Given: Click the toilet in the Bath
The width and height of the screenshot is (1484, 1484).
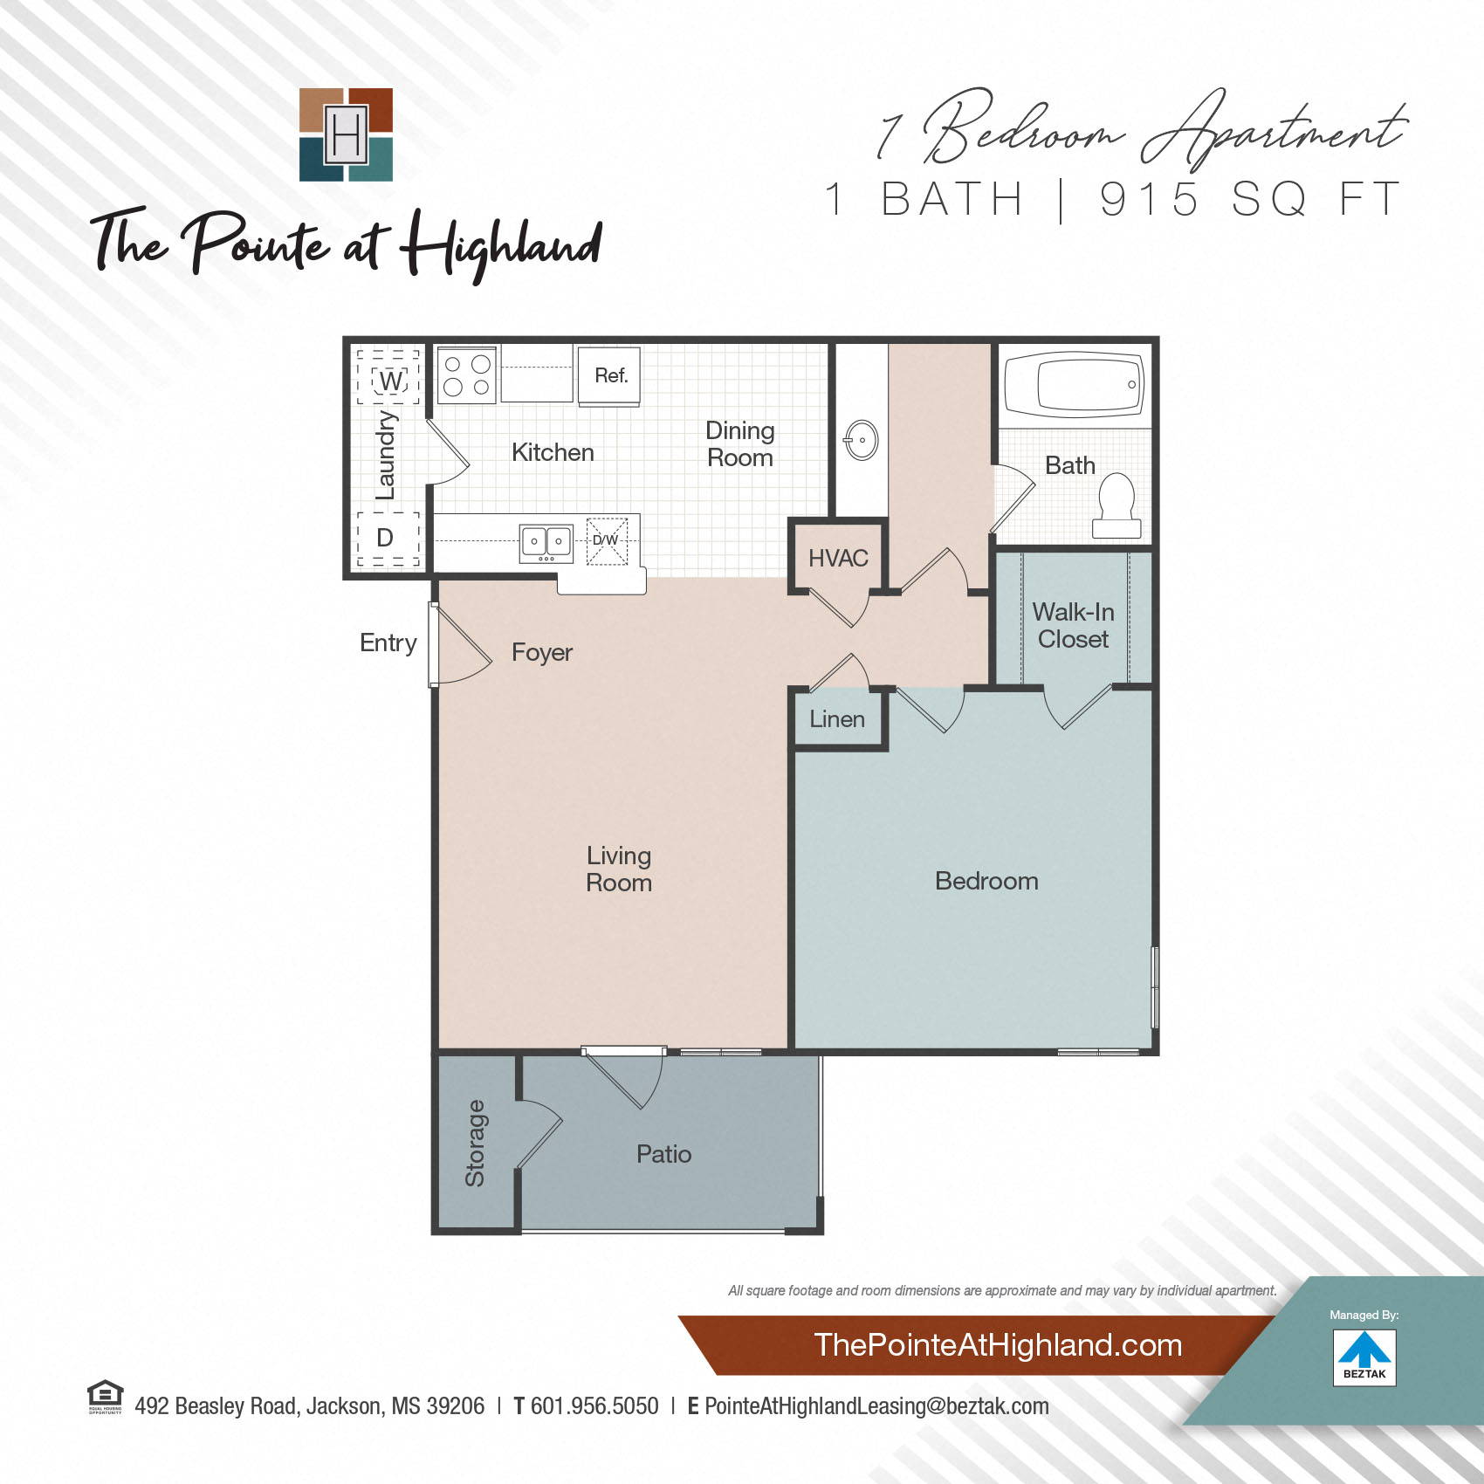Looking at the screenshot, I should click(1116, 505).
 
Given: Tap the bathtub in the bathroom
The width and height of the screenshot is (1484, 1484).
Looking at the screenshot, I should click(1075, 384).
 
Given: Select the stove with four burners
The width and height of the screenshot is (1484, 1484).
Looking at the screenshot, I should click(467, 375).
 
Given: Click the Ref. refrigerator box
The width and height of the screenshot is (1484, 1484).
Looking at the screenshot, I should click(610, 375).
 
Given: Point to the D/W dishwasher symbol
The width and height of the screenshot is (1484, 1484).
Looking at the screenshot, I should click(606, 540).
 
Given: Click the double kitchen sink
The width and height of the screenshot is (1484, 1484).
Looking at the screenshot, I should click(546, 542).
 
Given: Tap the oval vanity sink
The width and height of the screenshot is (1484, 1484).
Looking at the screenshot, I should click(862, 440).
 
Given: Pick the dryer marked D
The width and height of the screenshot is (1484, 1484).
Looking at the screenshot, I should click(385, 538).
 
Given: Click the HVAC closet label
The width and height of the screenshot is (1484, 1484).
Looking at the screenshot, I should click(838, 558).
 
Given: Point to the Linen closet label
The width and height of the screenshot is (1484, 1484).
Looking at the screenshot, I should click(837, 719).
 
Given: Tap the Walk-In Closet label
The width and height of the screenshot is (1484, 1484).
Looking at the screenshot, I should click(1073, 625).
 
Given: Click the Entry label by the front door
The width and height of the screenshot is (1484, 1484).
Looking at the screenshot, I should click(388, 643).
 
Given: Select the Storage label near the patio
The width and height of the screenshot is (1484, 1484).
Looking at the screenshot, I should click(475, 1143).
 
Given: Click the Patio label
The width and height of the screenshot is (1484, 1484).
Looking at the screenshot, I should click(663, 1154).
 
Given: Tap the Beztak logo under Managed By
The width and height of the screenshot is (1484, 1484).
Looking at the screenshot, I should click(1364, 1357).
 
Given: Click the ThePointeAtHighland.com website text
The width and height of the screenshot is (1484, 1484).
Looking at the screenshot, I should click(998, 1345).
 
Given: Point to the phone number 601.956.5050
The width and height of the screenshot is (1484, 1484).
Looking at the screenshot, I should click(594, 1406).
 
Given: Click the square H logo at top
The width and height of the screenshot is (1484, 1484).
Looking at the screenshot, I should click(346, 134).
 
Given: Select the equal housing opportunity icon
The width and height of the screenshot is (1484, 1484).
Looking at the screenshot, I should click(105, 1396).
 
